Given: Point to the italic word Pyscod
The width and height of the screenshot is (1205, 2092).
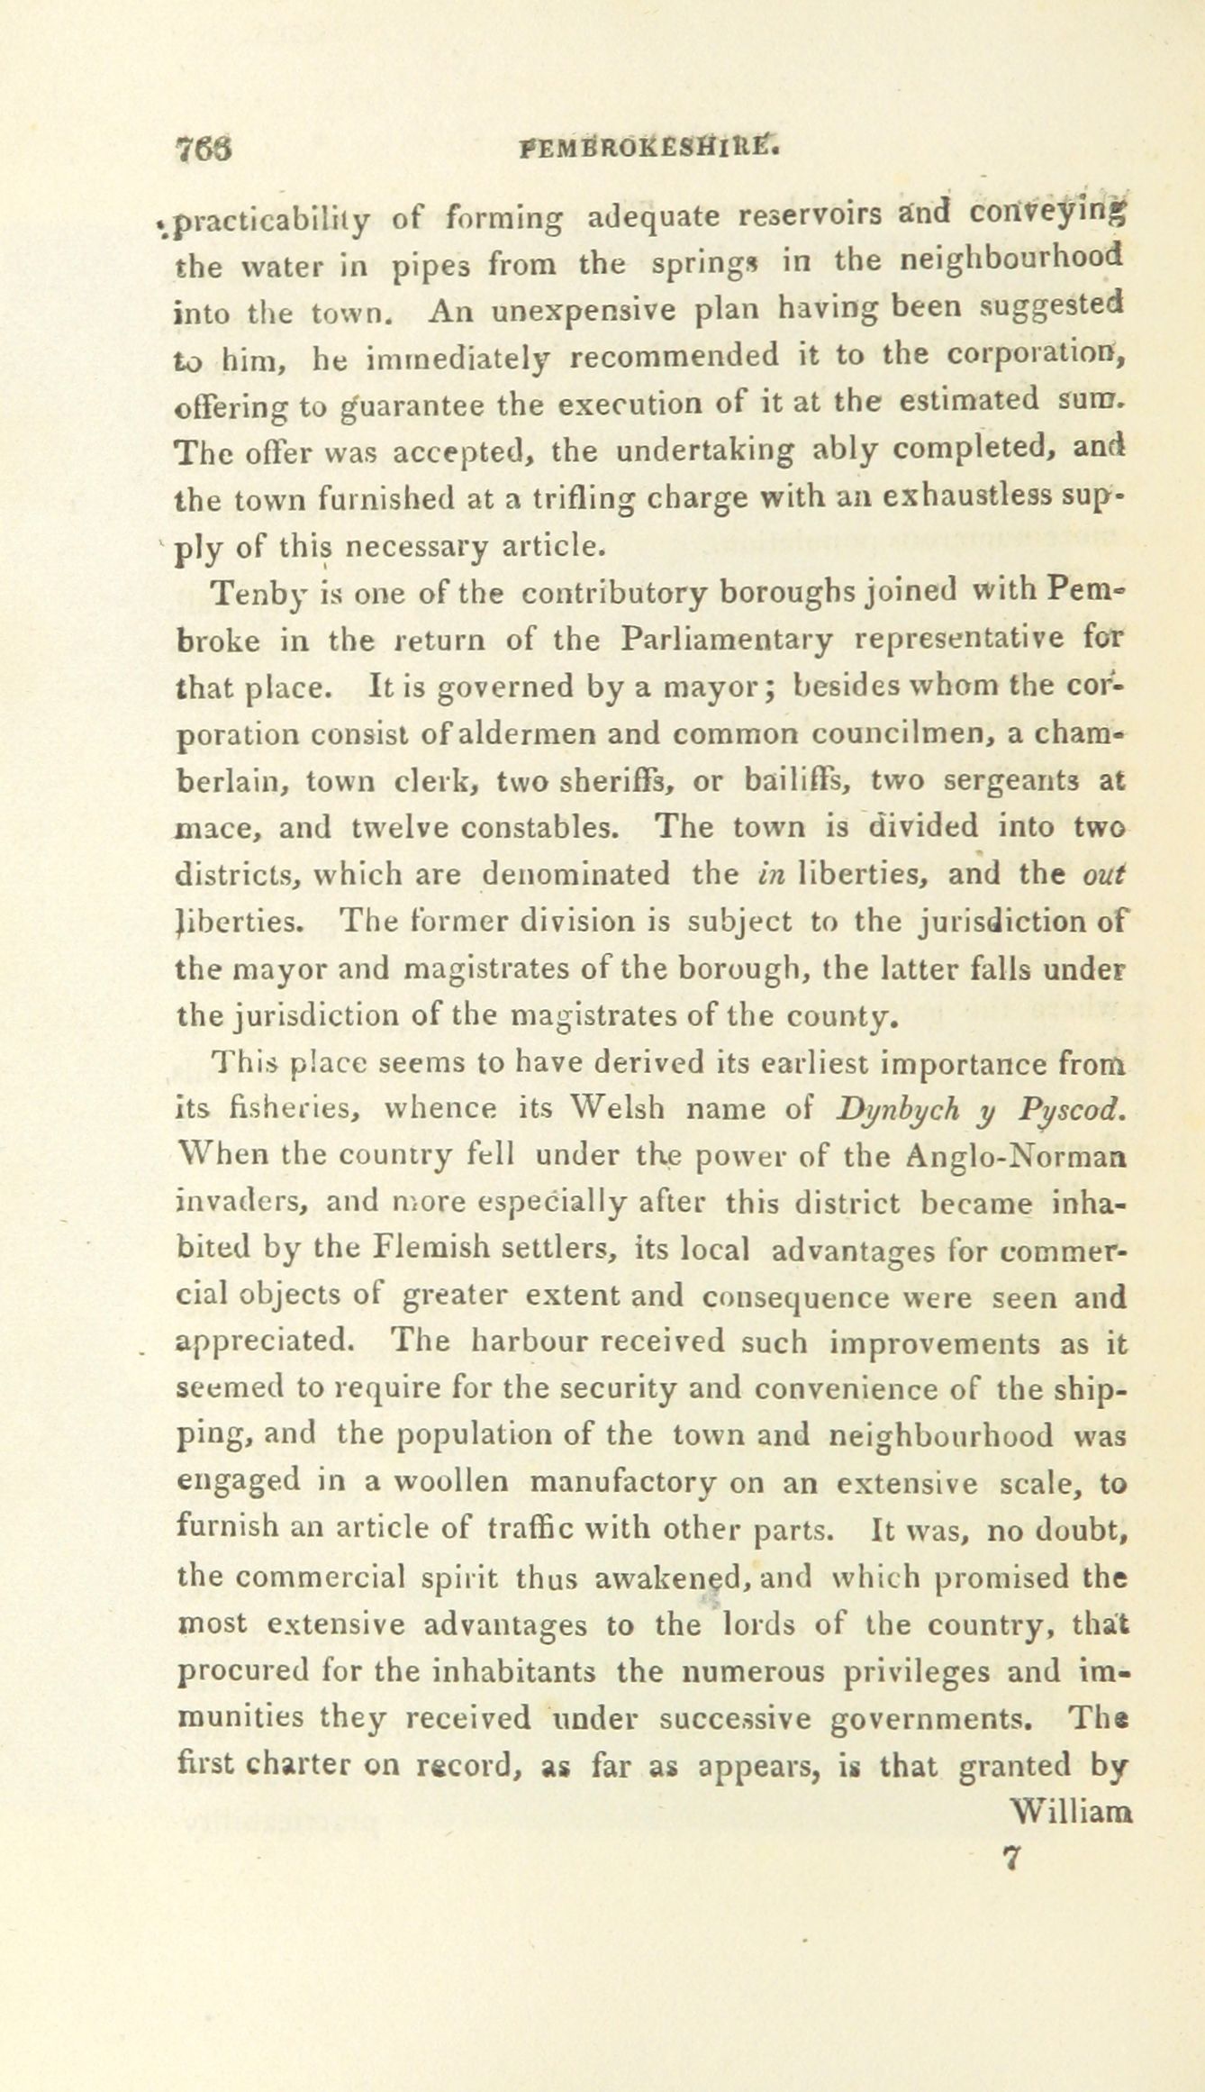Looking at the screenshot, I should pos(1074,1108).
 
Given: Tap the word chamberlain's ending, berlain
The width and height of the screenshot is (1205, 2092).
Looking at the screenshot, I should pos(229,781).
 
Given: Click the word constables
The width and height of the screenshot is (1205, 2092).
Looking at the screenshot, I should pos(550,826).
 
